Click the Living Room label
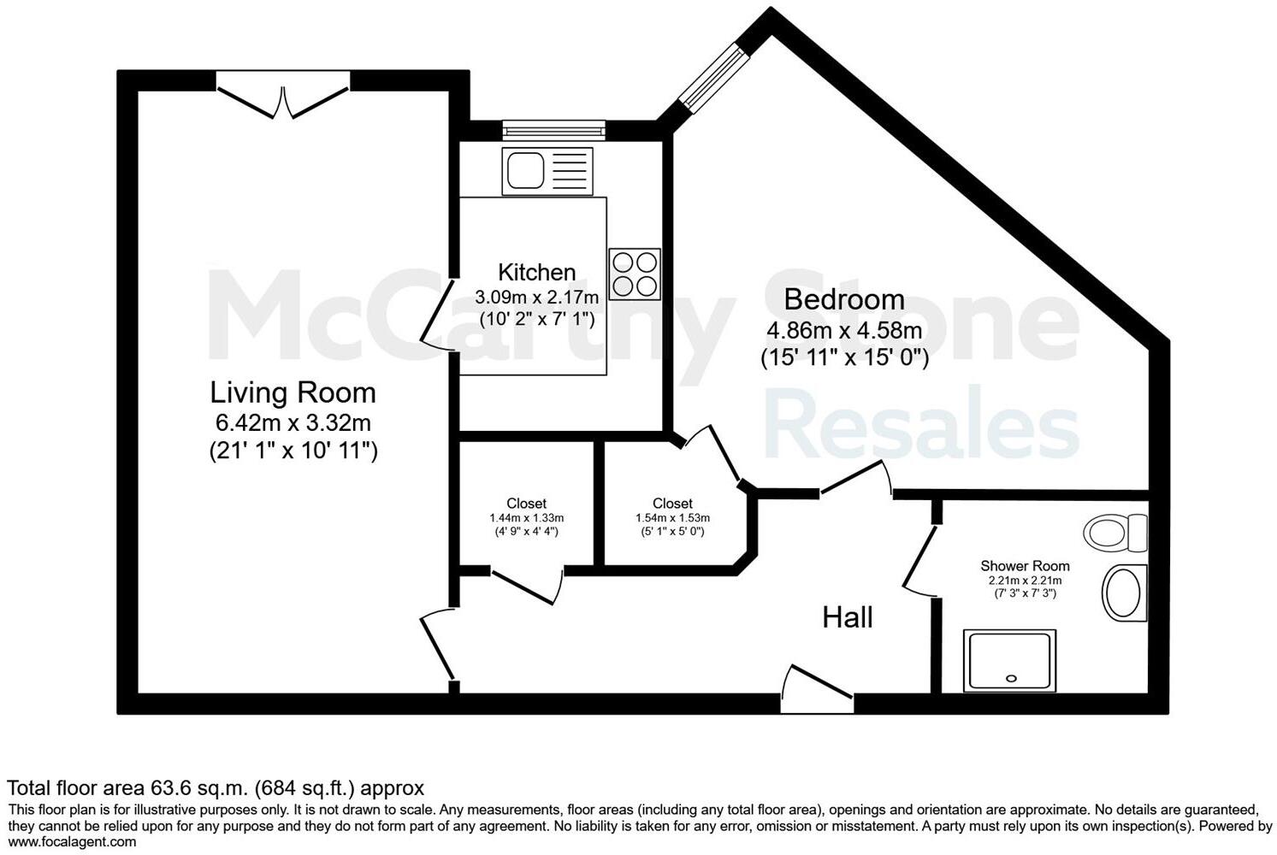pos(293,392)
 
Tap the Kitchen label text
pos(536,272)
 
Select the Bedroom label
pos(844,299)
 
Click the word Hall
pos(847,617)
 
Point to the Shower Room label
pos(1024,566)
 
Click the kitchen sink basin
pos(525,170)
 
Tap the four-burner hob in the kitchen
pos(635,274)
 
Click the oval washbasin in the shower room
pos(1123,593)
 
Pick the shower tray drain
pos(1011,679)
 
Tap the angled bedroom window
pos(715,79)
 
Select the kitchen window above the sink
pos(553,131)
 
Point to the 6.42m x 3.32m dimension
pos(293,422)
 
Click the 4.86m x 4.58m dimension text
pos(844,330)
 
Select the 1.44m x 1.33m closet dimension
pos(526,518)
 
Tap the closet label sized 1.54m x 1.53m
pos(672,504)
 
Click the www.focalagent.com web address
pos(72,841)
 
